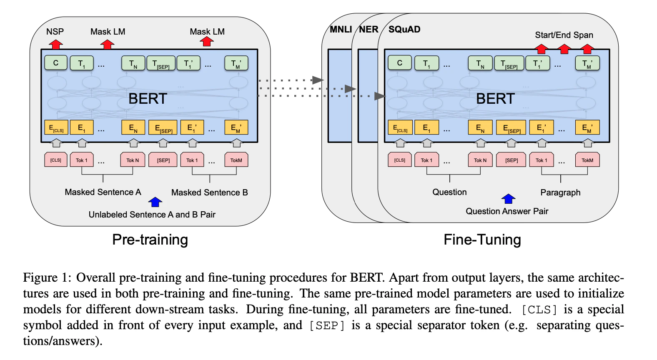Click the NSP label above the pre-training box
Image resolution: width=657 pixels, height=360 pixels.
[x=55, y=31]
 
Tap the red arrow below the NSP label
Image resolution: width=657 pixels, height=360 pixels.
[x=56, y=45]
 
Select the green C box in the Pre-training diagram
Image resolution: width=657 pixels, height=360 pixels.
[x=56, y=63]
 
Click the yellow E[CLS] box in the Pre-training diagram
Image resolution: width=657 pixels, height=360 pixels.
[x=56, y=127]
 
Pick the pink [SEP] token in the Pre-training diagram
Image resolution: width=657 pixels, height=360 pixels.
[x=163, y=160]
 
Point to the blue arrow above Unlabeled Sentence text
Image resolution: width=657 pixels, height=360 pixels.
[x=155, y=202]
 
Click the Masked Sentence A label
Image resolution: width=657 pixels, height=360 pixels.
[x=103, y=192]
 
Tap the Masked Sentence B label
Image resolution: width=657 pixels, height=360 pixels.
[x=209, y=192]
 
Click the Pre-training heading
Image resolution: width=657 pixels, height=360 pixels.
[x=150, y=240]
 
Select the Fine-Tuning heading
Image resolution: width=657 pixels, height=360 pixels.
[x=482, y=240]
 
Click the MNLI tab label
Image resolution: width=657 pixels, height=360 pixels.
[x=341, y=29]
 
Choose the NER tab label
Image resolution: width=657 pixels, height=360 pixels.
[x=369, y=29]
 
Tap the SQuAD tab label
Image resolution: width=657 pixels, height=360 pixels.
[x=404, y=29]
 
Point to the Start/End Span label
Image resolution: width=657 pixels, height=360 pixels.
[x=564, y=35]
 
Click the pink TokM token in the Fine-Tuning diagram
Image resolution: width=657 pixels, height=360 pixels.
[x=587, y=160]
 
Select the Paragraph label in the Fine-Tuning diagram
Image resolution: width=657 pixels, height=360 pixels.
[x=560, y=192]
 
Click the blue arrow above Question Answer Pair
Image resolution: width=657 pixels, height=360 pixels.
[x=508, y=199]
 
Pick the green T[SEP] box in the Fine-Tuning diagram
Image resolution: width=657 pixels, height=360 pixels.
[x=509, y=63]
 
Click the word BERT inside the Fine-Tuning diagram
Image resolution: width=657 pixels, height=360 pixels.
[x=495, y=98]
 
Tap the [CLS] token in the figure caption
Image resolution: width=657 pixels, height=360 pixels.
[x=539, y=310]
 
